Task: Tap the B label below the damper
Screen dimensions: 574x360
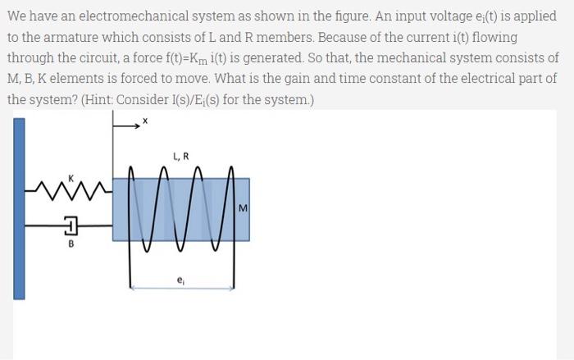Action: (70, 244)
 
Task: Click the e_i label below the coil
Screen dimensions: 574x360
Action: (180, 280)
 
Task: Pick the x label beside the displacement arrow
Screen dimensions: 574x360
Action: (144, 121)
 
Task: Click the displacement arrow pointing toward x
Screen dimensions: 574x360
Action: (125, 125)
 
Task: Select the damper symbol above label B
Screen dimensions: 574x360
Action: (70, 224)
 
